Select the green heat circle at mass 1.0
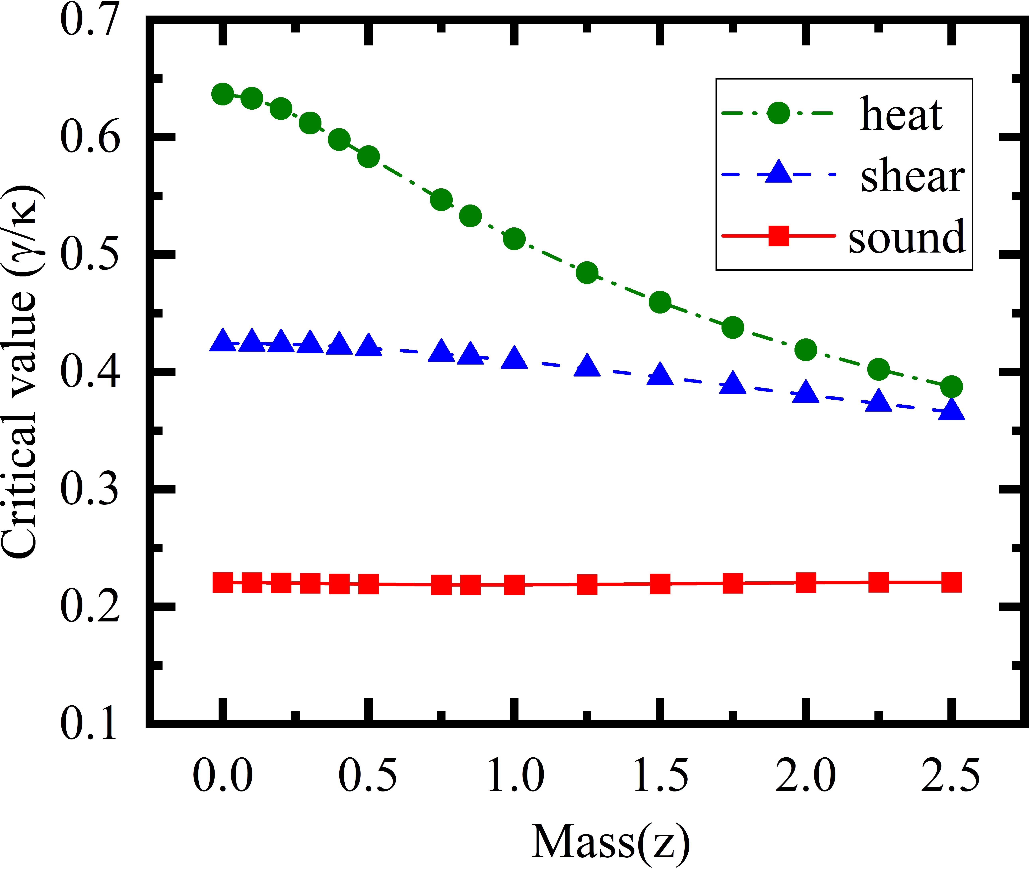(x=514, y=239)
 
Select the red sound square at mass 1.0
(x=514, y=585)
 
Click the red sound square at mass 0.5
(x=368, y=584)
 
